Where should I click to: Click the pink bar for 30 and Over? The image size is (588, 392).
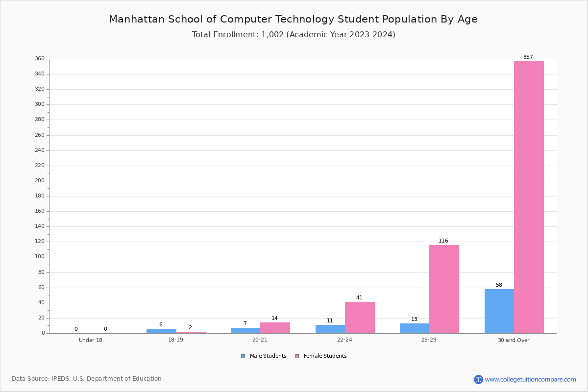529,197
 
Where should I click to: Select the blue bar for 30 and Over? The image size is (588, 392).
499,311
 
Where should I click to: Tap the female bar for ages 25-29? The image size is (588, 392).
444,289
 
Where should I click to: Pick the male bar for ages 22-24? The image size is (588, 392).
330,329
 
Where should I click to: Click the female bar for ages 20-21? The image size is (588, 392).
275,328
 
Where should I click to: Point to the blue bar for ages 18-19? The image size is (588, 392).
161,331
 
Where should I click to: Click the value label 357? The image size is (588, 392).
528,57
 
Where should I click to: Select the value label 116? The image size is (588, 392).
443,241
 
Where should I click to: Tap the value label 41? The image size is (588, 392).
359,297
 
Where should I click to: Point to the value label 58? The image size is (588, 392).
499,285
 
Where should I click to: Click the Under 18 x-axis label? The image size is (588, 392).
91,340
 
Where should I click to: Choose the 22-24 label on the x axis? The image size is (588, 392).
344,340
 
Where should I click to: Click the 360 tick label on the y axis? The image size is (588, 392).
40,58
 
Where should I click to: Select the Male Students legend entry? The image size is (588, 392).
264,356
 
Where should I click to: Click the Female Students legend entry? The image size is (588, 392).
320,356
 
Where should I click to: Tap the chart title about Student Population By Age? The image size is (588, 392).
293,19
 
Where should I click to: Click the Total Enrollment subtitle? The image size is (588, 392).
294,34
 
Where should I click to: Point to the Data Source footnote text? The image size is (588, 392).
87,379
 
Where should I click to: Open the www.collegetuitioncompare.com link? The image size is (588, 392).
530,379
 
